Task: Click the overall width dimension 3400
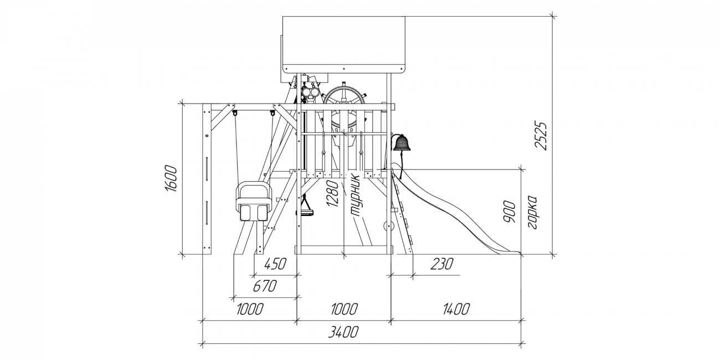coord(343,332)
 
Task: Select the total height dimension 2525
coord(541,135)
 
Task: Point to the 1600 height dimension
coord(171,179)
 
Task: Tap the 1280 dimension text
coord(332,194)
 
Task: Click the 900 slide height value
coord(509,212)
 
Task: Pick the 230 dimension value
coord(441,264)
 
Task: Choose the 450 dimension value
coord(275,264)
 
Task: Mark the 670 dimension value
coord(265,286)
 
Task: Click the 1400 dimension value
coord(456,309)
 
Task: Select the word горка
coord(532,212)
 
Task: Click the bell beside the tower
coord(401,143)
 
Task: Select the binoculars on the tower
coord(310,92)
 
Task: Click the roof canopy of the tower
coord(343,45)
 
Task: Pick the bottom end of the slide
coord(519,253)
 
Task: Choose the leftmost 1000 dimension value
coord(250,309)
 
